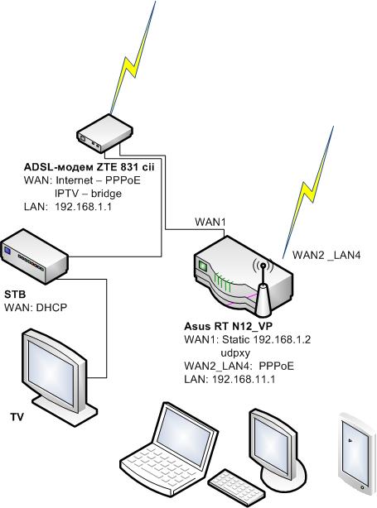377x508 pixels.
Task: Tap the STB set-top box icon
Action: click(35, 256)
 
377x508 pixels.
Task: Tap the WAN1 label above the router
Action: click(210, 223)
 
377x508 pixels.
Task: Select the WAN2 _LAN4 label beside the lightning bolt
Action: click(326, 256)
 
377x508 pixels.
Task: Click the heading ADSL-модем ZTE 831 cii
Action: click(89, 167)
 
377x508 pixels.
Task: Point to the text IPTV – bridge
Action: click(89, 194)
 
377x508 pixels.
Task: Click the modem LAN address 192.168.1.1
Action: click(83, 207)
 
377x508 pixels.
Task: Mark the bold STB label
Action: click(15, 295)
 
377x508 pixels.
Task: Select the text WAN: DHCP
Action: click(36, 307)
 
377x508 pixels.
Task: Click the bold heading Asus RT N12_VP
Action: click(229, 326)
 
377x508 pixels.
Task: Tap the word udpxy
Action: click(235, 352)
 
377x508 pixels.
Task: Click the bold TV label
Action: click(17, 417)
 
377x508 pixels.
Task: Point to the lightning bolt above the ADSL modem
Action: click(133, 58)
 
